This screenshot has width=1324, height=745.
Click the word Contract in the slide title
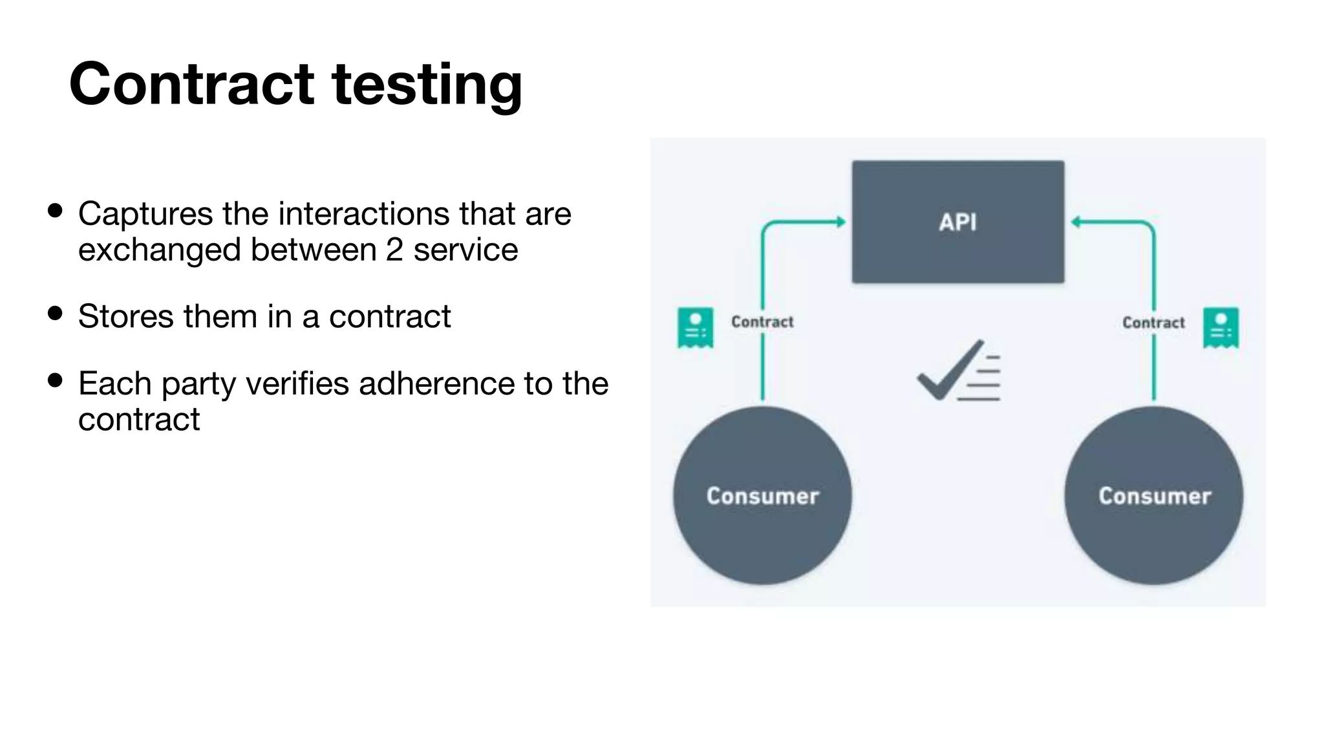coord(191,84)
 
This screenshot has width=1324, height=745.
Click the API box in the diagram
coord(957,222)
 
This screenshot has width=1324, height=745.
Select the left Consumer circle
coord(762,496)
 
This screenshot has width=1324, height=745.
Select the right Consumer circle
coord(1154,496)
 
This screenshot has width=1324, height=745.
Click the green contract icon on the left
coord(695,327)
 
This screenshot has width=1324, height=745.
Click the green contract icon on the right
coord(1221,328)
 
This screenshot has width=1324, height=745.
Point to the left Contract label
coord(762,322)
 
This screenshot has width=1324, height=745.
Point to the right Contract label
coord(1153,323)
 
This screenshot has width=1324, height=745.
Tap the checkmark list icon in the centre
coord(959,371)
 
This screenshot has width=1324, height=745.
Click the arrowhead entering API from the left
coord(841,222)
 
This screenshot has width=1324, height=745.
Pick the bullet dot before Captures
coord(56,211)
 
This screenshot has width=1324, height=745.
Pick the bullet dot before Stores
coord(56,314)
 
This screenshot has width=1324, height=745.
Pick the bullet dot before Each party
coord(56,380)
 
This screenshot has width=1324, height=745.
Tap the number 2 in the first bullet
coord(394,250)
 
